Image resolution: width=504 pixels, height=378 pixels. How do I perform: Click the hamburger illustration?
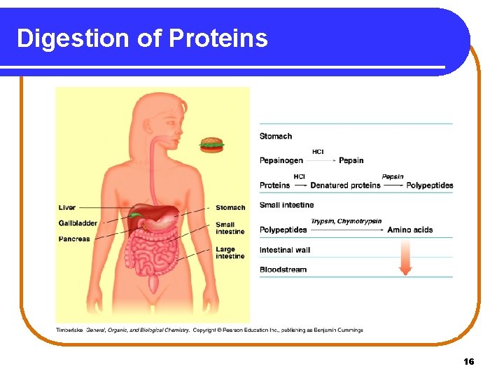click(x=211, y=145)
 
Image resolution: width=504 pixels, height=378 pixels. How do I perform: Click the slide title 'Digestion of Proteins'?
click(x=142, y=38)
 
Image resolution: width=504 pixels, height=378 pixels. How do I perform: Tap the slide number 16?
click(x=469, y=361)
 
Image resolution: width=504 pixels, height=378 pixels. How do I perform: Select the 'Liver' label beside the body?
click(x=67, y=208)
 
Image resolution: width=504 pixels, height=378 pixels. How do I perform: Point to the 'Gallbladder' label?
click(x=78, y=223)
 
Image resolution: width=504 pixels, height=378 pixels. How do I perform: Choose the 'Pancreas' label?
click(x=74, y=239)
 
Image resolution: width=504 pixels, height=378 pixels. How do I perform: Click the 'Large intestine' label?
click(x=230, y=253)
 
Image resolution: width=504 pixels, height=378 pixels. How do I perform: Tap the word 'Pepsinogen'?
click(x=281, y=160)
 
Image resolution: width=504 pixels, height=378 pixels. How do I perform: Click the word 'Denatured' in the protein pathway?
click(x=327, y=185)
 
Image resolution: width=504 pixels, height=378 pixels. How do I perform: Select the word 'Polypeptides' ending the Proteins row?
click(x=430, y=185)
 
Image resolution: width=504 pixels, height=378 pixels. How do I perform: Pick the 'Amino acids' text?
click(x=410, y=230)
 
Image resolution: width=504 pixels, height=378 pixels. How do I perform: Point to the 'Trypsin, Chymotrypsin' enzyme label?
click(x=347, y=221)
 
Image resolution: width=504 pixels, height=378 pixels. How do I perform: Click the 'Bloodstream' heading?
click(x=283, y=269)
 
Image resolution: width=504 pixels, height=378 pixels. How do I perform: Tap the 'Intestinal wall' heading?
click(x=285, y=250)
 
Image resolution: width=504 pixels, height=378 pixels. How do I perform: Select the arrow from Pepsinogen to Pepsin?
click(x=321, y=161)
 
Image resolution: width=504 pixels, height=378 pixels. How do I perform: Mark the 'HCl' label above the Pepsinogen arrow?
click(x=318, y=152)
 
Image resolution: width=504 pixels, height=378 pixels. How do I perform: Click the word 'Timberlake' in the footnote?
click(x=70, y=330)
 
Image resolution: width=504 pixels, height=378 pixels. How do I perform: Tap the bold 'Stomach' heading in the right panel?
click(x=276, y=136)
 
